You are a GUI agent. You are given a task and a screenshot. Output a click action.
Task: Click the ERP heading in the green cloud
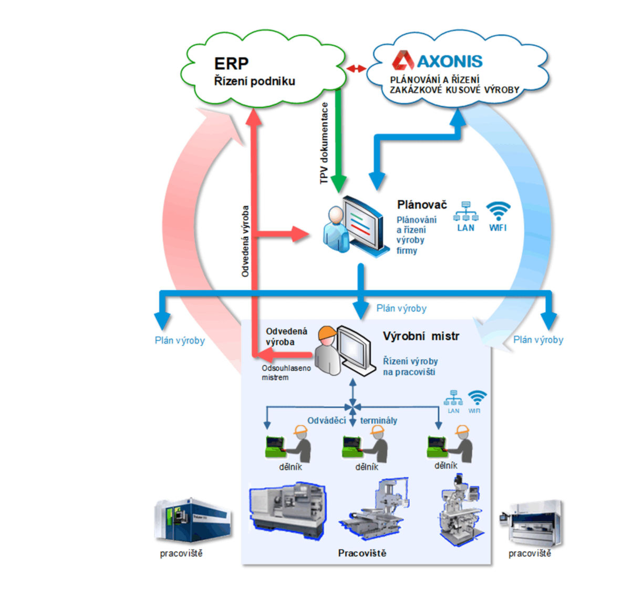(231, 64)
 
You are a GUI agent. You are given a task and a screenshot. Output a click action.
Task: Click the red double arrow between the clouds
(356, 68)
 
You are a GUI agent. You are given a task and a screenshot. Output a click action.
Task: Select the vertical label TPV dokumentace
(324, 143)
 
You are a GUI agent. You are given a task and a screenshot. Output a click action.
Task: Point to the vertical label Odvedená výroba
(245, 241)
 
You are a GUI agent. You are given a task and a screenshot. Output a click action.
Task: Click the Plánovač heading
(422, 205)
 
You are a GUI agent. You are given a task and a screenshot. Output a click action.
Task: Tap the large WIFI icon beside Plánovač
(497, 212)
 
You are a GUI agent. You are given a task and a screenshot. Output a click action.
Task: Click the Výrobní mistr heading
(421, 336)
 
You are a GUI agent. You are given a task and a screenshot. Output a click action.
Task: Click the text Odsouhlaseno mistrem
(286, 372)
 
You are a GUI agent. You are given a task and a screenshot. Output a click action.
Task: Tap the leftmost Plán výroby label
(180, 340)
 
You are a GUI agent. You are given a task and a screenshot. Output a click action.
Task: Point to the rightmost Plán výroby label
(538, 340)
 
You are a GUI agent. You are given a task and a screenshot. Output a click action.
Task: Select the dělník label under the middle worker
(366, 467)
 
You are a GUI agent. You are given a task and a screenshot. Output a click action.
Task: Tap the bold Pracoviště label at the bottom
(362, 553)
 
